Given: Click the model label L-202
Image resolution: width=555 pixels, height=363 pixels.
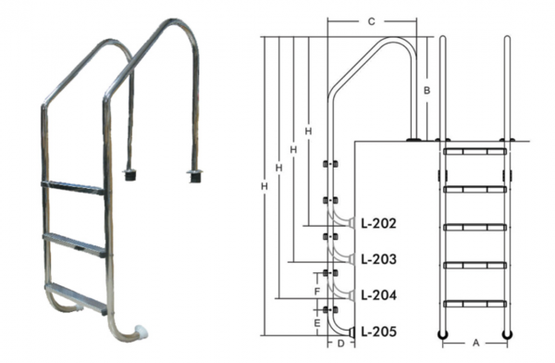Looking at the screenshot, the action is click(378, 223).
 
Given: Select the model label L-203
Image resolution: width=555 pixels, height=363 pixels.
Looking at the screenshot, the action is click(378, 259).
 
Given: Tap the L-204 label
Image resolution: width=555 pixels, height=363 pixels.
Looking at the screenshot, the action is click(378, 295).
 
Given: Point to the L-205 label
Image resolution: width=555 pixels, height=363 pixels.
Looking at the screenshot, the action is click(378, 332).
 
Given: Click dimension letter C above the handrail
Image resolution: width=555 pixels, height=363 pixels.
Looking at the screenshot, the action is click(371, 21).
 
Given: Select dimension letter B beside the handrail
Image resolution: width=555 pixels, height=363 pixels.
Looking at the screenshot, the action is click(426, 91).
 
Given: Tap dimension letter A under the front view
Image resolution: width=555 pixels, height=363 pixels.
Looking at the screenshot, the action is click(476, 343).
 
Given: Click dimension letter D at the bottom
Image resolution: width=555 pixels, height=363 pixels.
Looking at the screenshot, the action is click(340, 344).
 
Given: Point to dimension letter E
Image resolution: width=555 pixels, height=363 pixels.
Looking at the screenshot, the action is click(317, 323).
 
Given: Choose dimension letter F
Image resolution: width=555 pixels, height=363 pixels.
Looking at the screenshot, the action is click(317, 292).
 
